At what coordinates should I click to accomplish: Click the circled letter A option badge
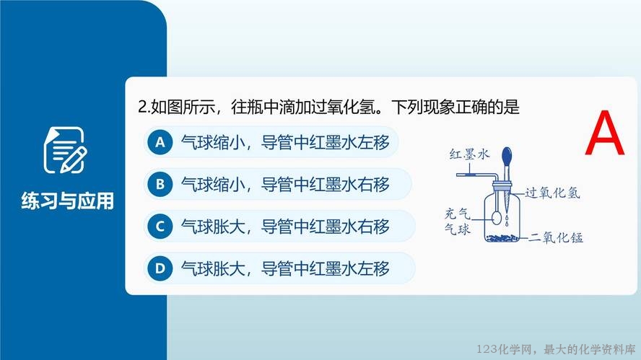pos(160,142)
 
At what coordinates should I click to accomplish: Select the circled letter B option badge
pos(160,184)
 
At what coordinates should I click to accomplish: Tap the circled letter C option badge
pos(160,227)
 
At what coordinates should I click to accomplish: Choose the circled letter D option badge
pos(160,268)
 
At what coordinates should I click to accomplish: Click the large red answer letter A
pos(605,133)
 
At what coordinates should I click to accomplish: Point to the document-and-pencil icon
pos(65,150)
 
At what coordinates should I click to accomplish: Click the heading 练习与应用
pos(67,201)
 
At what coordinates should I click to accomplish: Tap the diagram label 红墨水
pos(469,154)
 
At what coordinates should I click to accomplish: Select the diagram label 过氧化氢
pos(552,193)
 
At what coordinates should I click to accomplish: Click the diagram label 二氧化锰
pos(556,237)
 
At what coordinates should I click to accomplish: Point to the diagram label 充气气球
pos(458,221)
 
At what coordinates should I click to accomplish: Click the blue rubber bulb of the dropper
pos(507,157)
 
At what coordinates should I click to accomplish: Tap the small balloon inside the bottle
pos(497,218)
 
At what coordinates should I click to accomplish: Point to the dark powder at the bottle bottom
pos(502,237)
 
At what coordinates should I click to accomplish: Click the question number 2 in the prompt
pos(142,107)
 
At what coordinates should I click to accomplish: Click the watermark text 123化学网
pos(505,349)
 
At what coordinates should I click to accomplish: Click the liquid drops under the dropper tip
pos(507,221)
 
